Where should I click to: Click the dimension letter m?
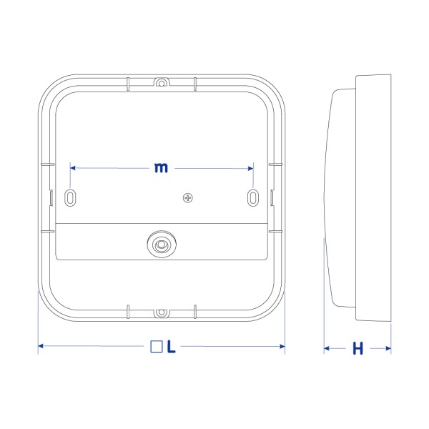click(162, 168)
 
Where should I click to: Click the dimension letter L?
click(172, 347)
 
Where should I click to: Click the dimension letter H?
click(358, 349)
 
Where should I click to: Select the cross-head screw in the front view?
click(188, 197)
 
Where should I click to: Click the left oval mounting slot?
click(71, 197)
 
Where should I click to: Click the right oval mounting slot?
click(253, 197)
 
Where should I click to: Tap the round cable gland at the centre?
click(162, 245)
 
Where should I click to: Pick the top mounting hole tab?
click(162, 82)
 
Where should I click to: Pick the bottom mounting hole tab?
click(162, 312)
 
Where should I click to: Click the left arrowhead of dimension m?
click(74, 168)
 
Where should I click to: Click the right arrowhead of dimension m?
click(250, 168)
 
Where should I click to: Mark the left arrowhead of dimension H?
click(327, 349)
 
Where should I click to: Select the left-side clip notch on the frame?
click(52, 197)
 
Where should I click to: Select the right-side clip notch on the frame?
click(272, 197)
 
